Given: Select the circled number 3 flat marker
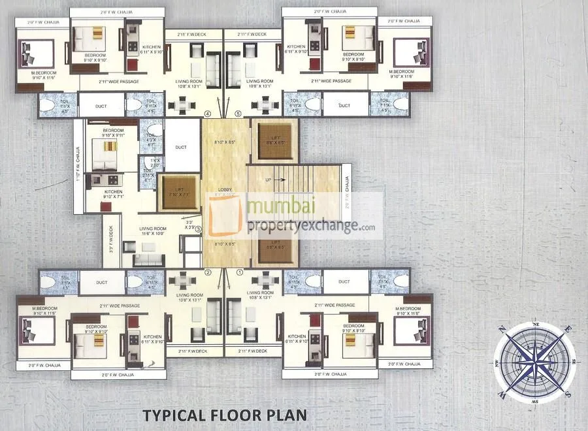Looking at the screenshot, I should pos(198,229).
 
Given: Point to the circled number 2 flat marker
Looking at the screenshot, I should pos(208,272).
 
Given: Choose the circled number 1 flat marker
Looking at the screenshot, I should pos(239,272).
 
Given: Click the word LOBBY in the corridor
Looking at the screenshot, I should pos(224,190).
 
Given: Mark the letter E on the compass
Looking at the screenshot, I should pos(568,329).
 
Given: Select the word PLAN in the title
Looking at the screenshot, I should pos(288,414).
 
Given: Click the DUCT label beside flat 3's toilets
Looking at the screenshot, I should pos(181,148).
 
